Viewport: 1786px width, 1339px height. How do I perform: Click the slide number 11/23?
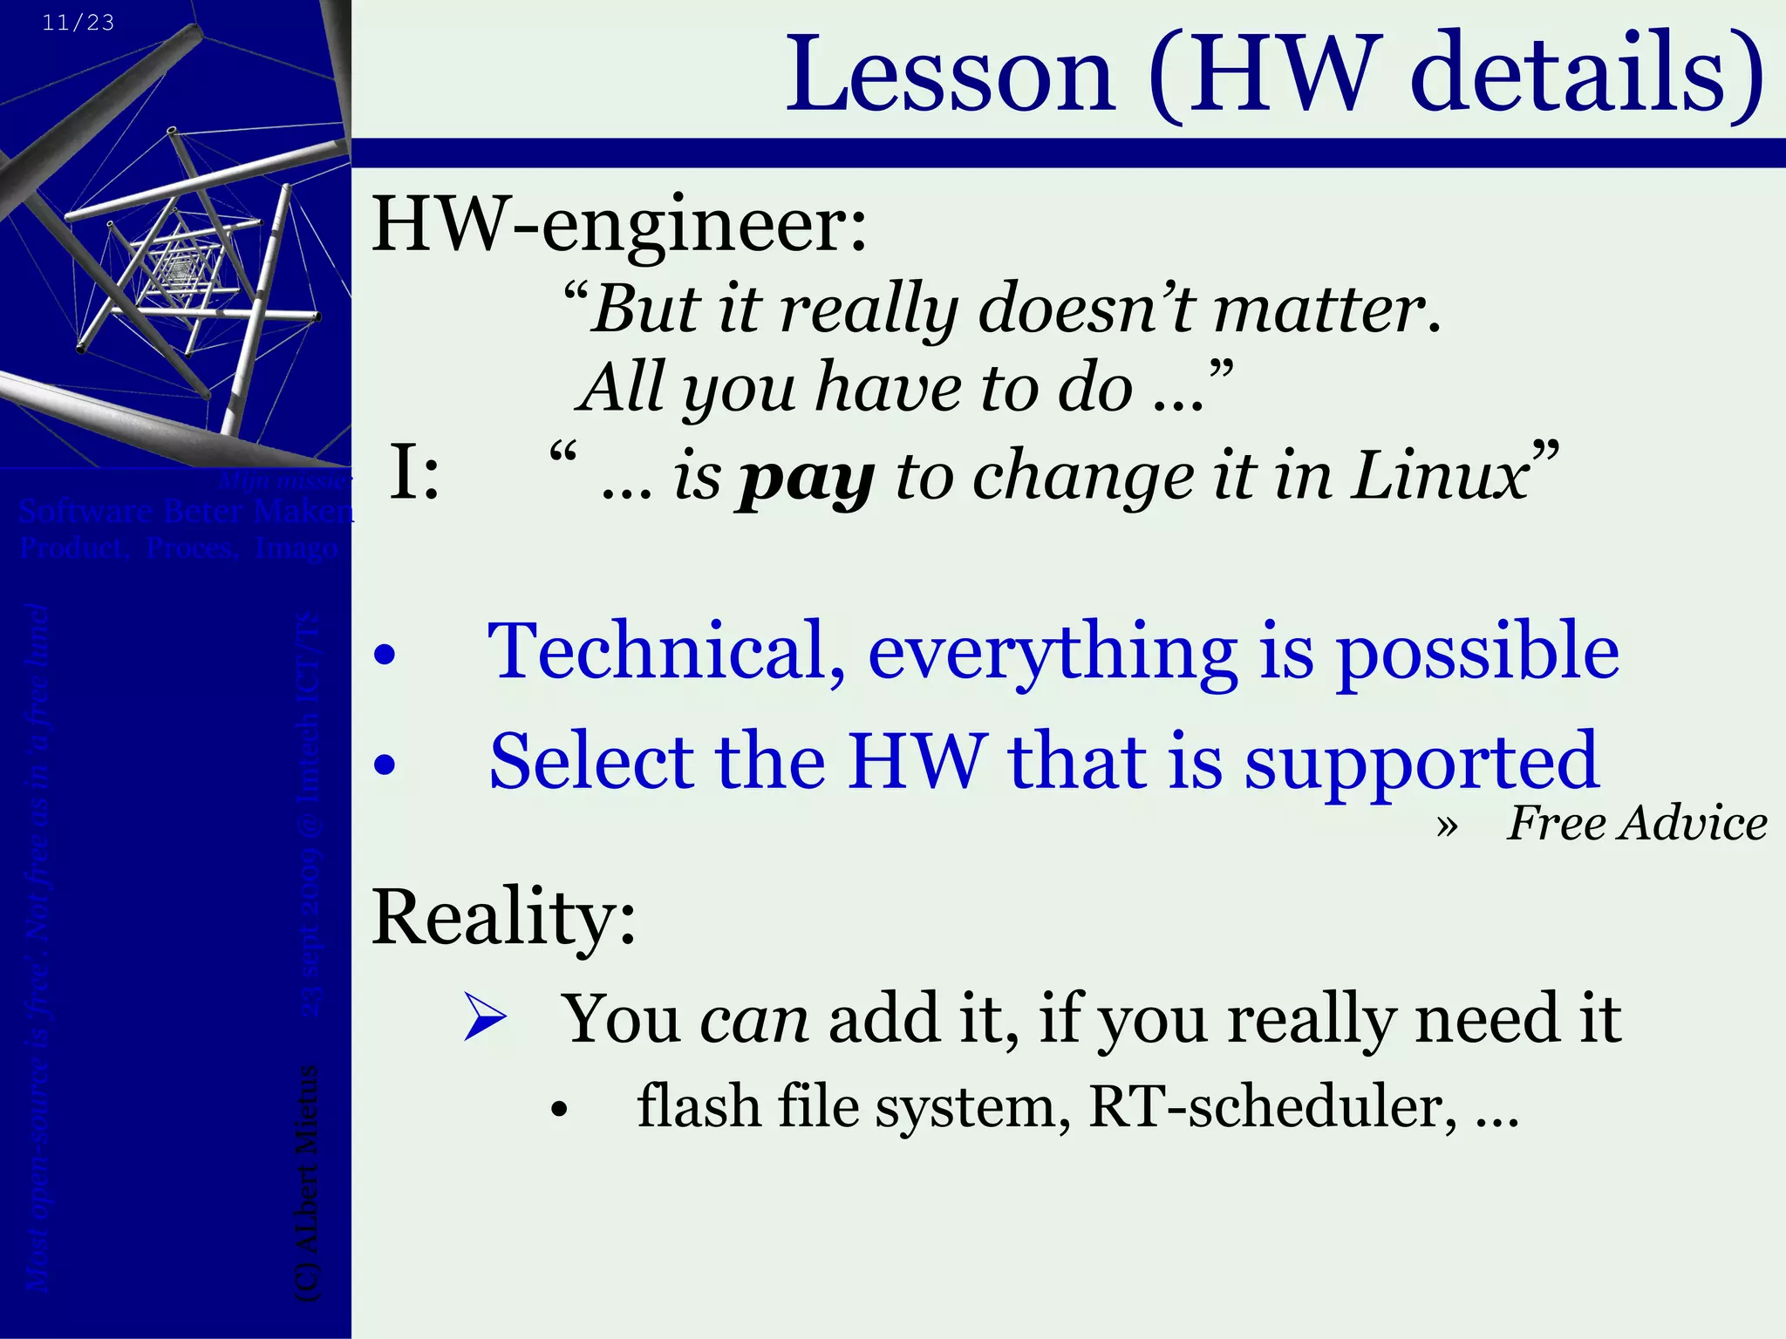click(78, 23)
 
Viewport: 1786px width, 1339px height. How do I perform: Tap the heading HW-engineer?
click(619, 225)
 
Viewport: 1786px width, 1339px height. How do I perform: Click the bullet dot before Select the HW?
click(384, 765)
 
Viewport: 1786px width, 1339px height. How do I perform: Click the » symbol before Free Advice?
click(1446, 826)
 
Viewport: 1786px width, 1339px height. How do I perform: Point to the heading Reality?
click(503, 917)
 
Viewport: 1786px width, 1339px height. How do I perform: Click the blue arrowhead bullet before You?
click(485, 1016)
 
